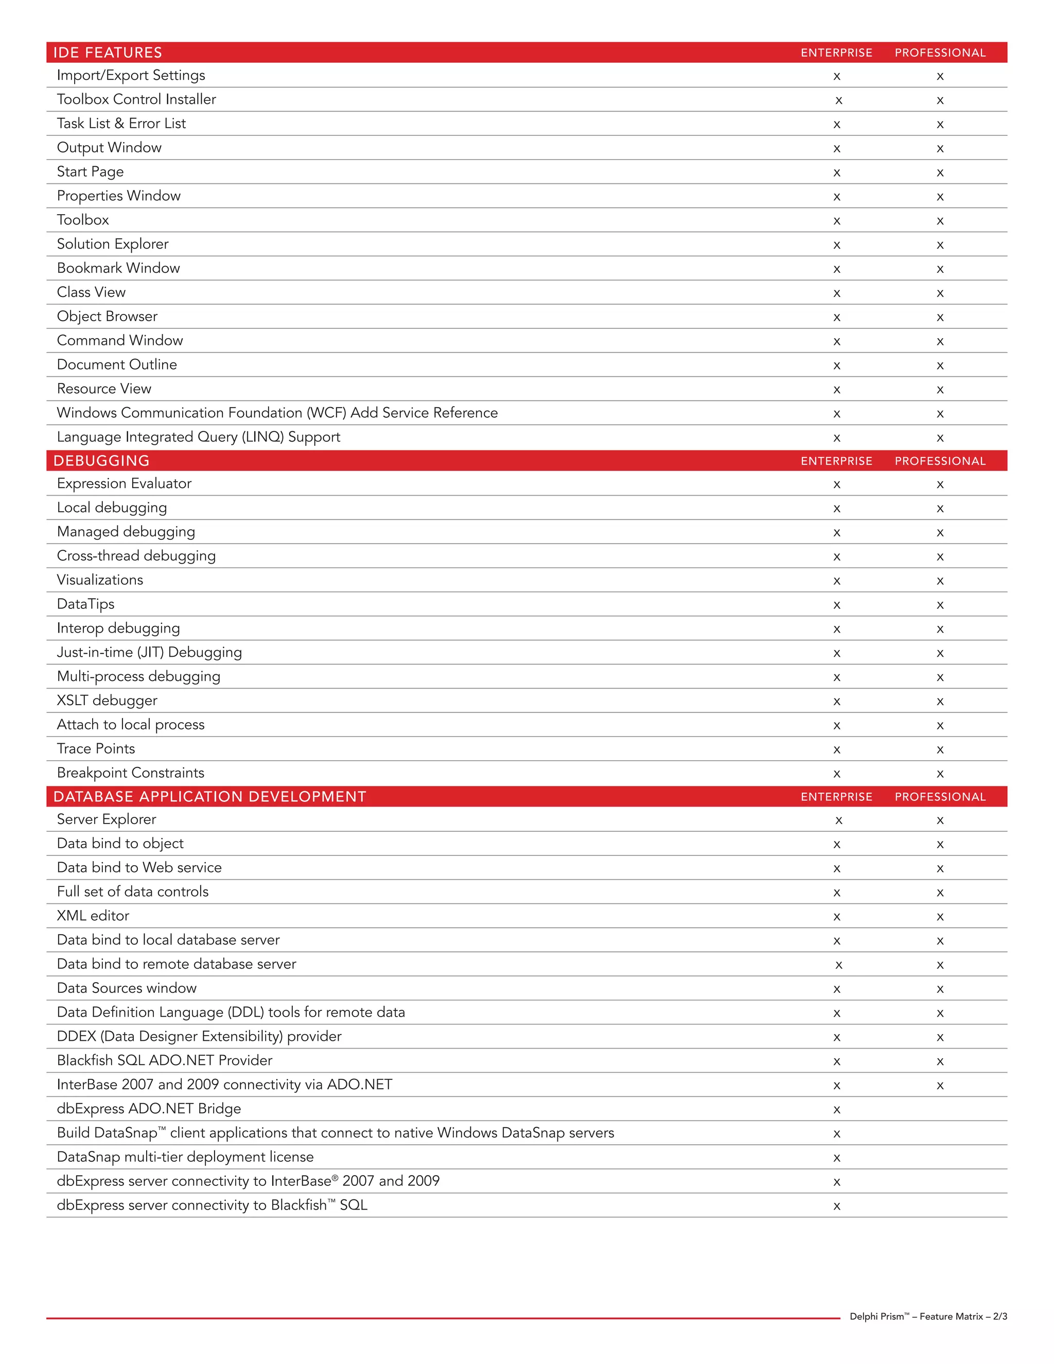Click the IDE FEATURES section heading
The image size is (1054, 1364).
[x=108, y=53]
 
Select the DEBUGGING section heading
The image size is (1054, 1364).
[x=101, y=461]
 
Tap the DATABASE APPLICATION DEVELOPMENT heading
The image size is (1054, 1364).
[x=210, y=797]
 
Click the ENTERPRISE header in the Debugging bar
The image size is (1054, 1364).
[x=836, y=461]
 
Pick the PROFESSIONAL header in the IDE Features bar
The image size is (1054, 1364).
[x=940, y=53]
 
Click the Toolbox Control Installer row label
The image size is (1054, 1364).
[x=136, y=99]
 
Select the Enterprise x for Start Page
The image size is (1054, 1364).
[x=837, y=173]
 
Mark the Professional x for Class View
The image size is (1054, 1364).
[x=940, y=293]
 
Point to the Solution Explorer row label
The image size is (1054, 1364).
[x=112, y=244]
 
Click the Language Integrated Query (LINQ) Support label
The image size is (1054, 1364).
[x=199, y=437]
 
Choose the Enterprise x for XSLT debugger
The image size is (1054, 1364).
[x=837, y=702]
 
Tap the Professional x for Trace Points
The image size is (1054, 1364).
[x=940, y=750]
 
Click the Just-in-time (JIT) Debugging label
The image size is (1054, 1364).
[x=149, y=653]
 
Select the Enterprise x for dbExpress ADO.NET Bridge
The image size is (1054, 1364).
[x=837, y=1110]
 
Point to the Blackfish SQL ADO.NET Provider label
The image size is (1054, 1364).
[x=164, y=1060]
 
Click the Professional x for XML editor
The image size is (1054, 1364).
[x=940, y=917]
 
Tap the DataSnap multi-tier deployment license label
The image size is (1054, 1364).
[x=185, y=1157]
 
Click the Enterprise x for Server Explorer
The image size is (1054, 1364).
[x=838, y=820]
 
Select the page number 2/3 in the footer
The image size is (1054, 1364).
[x=999, y=1317]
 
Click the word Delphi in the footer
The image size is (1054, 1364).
[x=864, y=1317]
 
